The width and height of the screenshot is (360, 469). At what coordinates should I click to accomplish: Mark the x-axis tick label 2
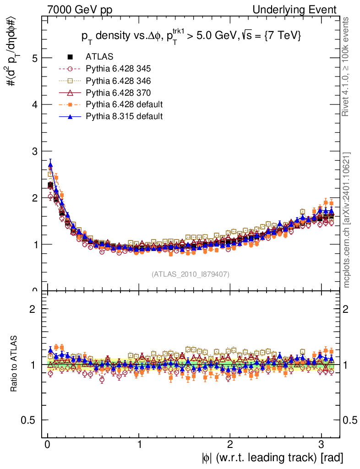point(230,445)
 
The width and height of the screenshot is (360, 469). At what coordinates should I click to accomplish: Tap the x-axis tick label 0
point(47,445)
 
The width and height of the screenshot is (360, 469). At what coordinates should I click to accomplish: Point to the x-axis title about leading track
point(272,457)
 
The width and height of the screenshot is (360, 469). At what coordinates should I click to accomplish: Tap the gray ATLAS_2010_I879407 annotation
point(191,274)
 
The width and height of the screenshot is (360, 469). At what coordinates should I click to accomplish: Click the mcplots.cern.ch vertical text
point(347,220)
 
